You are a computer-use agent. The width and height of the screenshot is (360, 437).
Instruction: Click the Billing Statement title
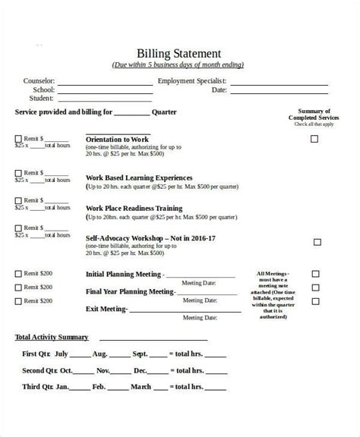pyautogui.click(x=178, y=53)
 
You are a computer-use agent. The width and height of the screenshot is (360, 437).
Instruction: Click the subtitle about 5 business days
pyautogui.click(x=178, y=65)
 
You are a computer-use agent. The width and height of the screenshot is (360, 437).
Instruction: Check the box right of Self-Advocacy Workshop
pyautogui.click(x=317, y=243)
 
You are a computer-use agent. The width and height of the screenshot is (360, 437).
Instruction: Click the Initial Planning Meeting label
pyautogui.click(x=124, y=274)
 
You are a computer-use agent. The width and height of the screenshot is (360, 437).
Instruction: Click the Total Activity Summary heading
pyautogui.click(x=52, y=337)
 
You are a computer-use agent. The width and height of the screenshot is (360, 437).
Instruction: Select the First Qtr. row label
pyautogui.click(x=38, y=354)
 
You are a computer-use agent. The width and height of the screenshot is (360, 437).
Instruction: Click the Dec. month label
pyautogui.click(x=140, y=371)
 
